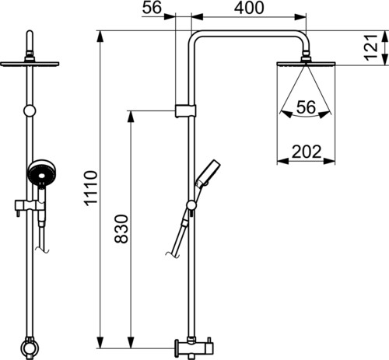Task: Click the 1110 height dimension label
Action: click(91, 188)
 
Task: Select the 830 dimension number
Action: click(121, 229)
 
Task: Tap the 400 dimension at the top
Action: click(249, 8)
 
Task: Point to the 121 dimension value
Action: click(371, 47)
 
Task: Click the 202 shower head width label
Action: click(307, 152)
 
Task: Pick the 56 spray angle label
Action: click(306, 107)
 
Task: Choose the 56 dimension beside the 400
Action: click(152, 7)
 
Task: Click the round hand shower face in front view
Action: click(42, 173)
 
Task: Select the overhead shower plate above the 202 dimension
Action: click(307, 64)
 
